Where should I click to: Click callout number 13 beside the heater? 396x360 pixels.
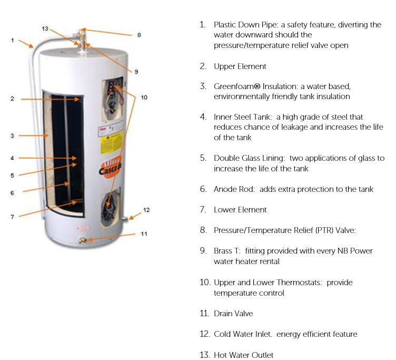coord(45,28)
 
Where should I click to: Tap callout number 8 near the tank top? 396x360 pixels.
coord(138,35)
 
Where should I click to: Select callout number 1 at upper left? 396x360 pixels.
coord(12,41)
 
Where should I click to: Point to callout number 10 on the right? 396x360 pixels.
coord(144,97)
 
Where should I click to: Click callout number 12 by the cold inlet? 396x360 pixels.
coord(146,210)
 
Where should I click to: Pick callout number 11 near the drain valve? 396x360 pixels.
coord(144,233)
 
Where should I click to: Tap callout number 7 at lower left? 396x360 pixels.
coord(12,216)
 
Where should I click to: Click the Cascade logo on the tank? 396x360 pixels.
coord(113,165)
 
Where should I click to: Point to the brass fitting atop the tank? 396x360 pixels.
coord(82,42)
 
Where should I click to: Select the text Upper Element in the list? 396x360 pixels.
coord(240,66)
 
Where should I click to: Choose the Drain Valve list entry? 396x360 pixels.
coord(233,314)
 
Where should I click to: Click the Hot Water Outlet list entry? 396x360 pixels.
coord(243,355)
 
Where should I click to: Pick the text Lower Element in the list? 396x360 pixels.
coord(240,210)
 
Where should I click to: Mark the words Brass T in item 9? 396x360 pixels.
coord(226,251)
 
